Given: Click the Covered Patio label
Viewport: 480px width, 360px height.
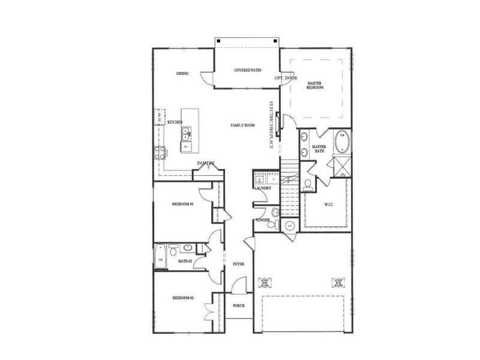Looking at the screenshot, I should tap(247, 70).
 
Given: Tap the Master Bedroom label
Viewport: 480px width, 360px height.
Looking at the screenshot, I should tap(316, 85).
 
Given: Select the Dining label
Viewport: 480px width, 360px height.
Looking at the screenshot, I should tap(183, 74).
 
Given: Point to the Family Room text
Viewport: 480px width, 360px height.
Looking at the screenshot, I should tap(243, 125).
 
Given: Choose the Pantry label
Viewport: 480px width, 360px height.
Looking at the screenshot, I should tap(207, 163).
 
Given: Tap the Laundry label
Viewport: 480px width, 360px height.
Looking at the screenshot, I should tap(263, 188).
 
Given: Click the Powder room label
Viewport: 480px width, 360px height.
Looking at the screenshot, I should tap(262, 220).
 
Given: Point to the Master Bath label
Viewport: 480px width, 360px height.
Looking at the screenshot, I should tap(319, 149).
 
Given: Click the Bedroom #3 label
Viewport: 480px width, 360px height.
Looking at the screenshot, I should tap(182, 205).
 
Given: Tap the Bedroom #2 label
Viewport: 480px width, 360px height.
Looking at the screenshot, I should tap(182, 298).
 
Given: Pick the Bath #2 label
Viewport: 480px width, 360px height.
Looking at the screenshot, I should tap(185, 262).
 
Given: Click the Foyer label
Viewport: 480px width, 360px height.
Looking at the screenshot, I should tap(238, 264).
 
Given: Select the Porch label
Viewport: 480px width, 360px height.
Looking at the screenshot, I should tap(238, 305).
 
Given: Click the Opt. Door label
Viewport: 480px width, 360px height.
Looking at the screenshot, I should tap(286, 79).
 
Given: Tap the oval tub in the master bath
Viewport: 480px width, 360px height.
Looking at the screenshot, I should tap(342, 140).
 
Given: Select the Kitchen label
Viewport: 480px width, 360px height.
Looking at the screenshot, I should tap(175, 122).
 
